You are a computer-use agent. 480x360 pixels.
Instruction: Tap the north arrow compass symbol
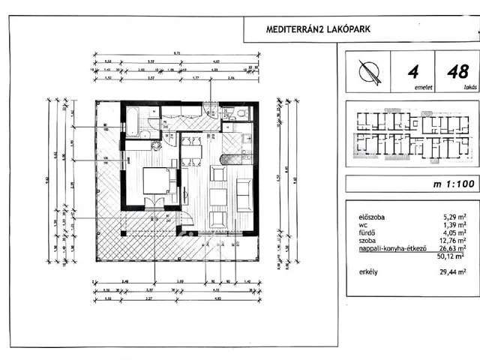click(367, 73)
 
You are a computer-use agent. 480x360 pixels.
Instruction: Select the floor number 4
click(411, 72)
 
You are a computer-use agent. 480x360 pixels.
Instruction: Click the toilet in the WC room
click(233, 114)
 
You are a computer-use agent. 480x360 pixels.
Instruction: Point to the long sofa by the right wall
click(243, 196)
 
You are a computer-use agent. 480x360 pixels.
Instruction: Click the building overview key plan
click(410, 136)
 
